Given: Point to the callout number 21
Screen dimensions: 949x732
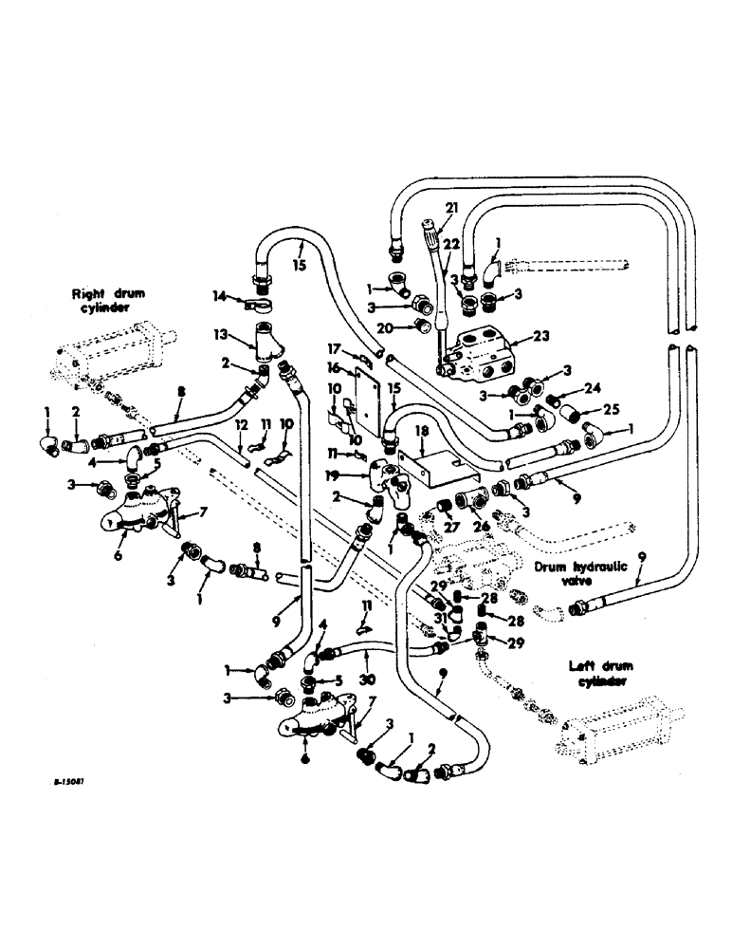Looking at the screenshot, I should tap(451, 208).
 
